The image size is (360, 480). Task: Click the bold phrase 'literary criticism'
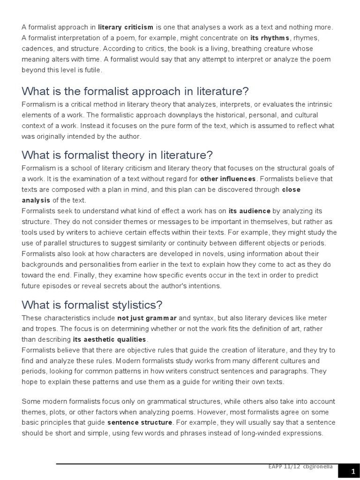(x=126, y=27)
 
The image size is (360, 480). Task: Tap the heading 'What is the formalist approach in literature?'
(x=135, y=91)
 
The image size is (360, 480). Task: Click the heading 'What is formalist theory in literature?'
(x=117, y=155)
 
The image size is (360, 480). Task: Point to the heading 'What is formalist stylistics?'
(x=92, y=305)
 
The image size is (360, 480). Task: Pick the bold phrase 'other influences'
(x=228, y=179)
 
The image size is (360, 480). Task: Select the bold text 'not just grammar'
(x=147, y=318)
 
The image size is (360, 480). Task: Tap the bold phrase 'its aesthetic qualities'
(x=110, y=339)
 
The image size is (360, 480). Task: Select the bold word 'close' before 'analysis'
(x=291, y=189)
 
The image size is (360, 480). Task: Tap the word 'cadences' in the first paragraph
(x=36, y=49)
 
